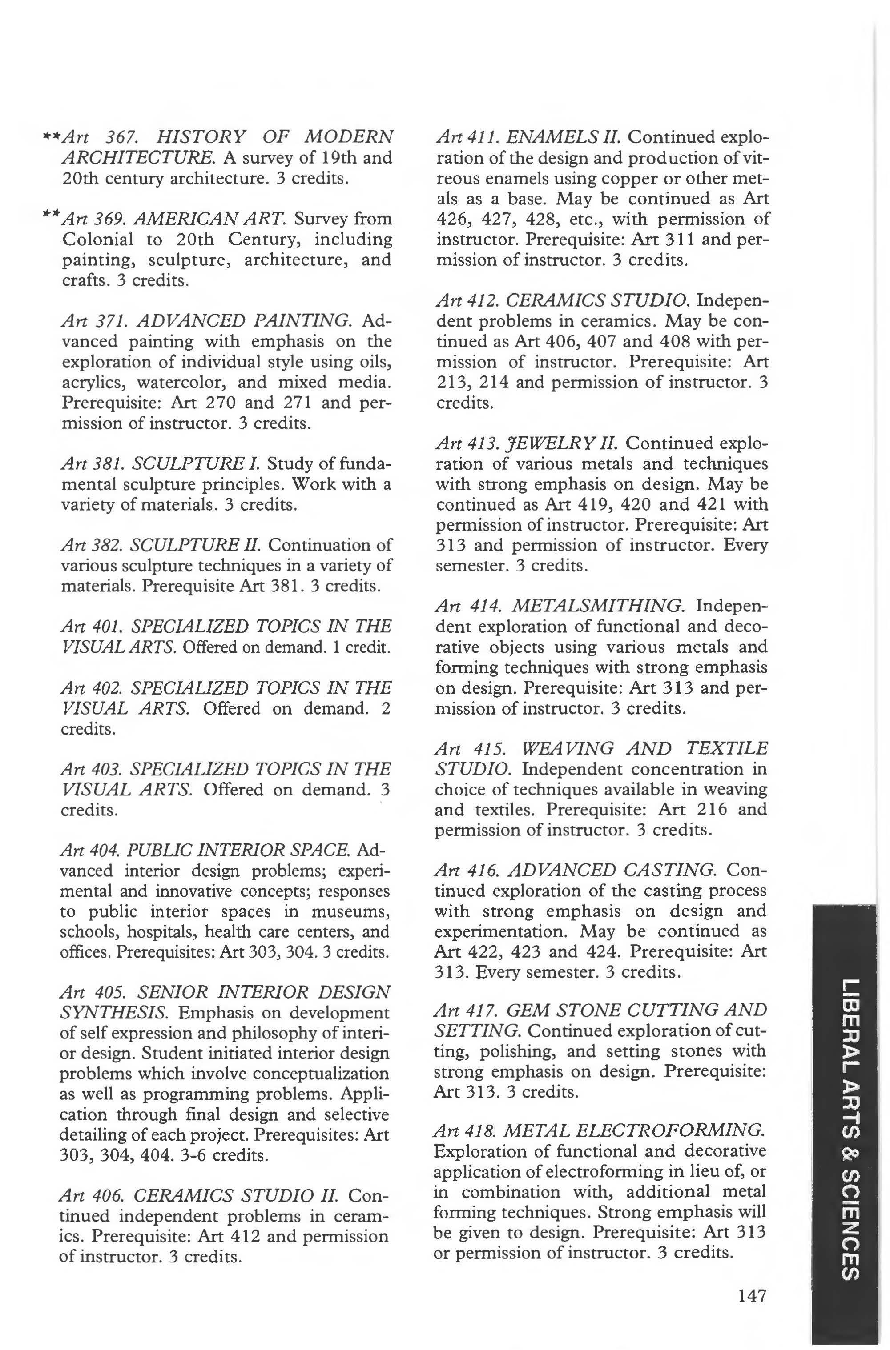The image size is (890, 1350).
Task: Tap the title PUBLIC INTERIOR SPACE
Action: tap(238, 850)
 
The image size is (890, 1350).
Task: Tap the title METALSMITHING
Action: tap(598, 607)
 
